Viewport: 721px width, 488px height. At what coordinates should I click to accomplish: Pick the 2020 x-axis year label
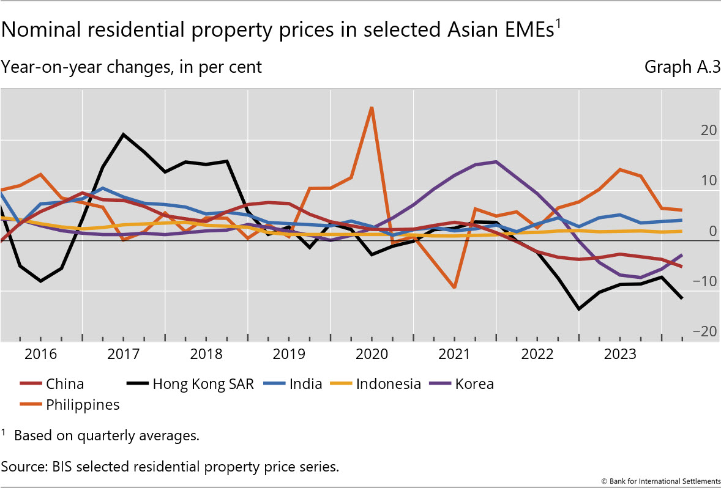pyautogui.click(x=372, y=355)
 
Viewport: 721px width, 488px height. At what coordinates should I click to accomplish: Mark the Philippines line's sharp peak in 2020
pyautogui.click(x=372, y=108)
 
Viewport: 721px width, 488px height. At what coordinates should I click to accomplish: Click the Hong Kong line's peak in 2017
pyautogui.click(x=124, y=134)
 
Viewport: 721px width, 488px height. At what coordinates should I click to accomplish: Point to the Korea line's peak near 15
pyautogui.click(x=495, y=161)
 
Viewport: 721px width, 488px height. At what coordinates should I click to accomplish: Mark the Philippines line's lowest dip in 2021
pyautogui.click(x=454, y=287)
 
